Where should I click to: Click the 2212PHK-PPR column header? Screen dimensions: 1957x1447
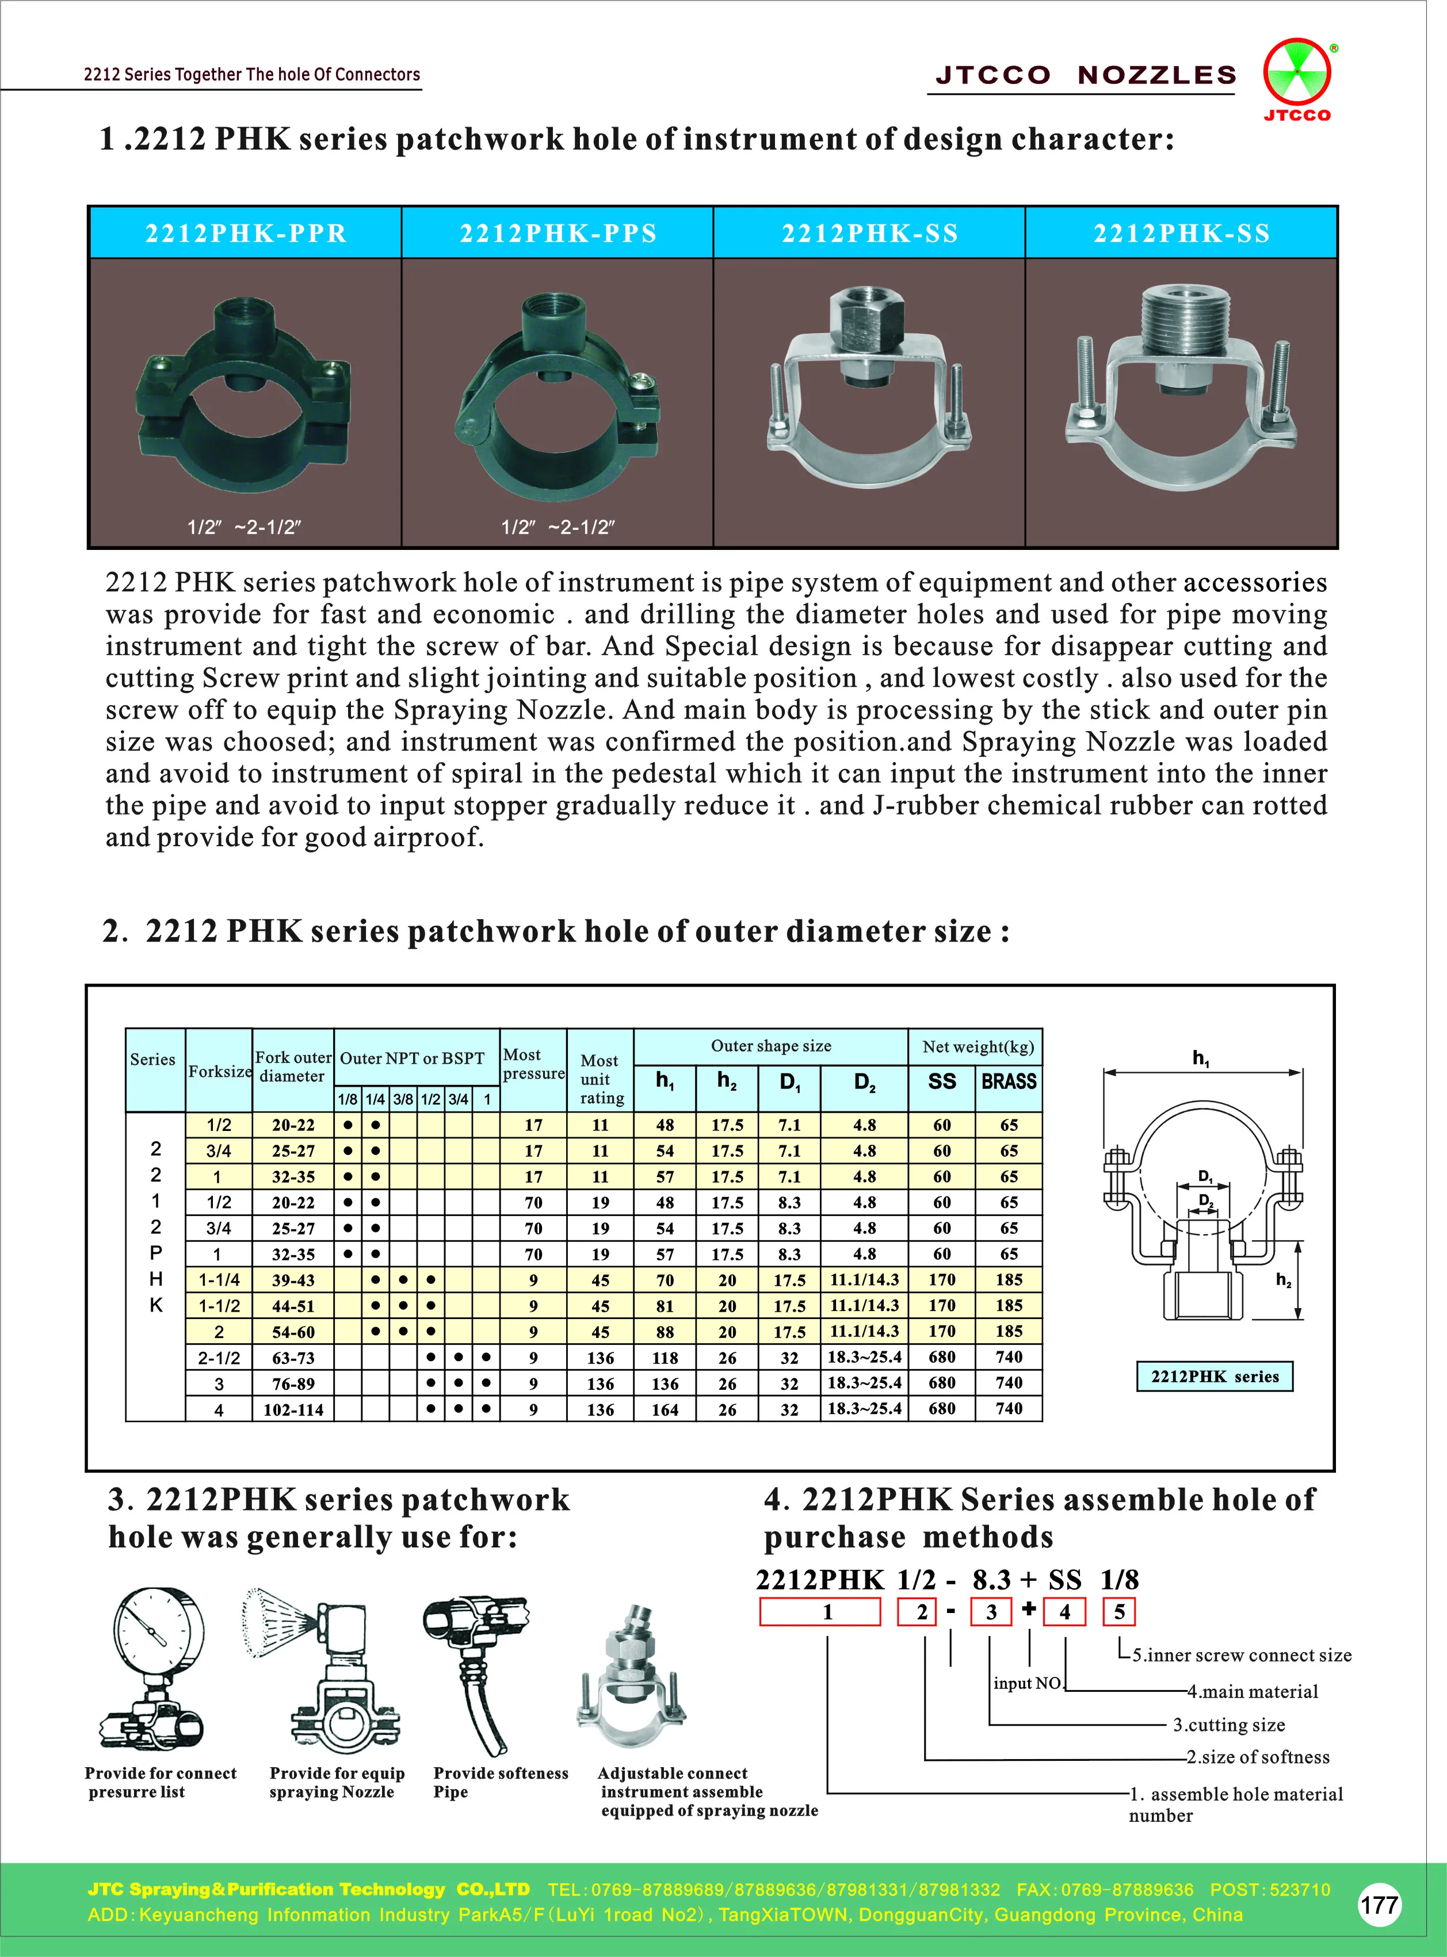[246, 233]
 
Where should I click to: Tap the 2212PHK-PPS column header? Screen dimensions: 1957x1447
[558, 233]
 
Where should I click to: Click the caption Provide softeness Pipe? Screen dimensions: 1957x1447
[499, 1782]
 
